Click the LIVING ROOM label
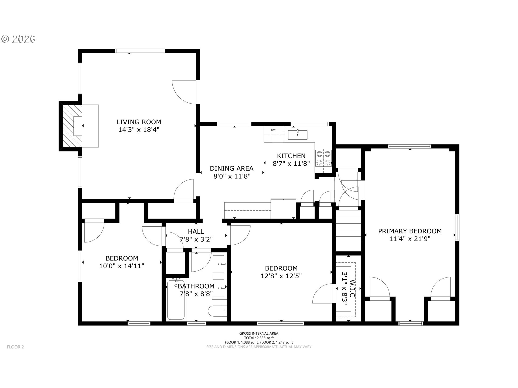pos(139,122)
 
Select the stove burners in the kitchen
pos(323,158)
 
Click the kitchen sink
pos(298,135)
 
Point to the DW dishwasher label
pos(273,130)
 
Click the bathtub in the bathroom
pos(176,300)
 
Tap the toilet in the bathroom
pos(217,311)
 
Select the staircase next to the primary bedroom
pos(348,231)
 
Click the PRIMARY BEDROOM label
pos(410,231)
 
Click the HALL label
pos(196,231)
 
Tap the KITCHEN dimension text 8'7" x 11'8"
pos(291,164)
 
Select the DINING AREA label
pos(231,168)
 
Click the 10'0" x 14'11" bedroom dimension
pos(122,266)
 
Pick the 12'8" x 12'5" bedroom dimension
pos(281,276)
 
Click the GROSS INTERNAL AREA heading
pos(259,333)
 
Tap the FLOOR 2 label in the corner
pos(15,347)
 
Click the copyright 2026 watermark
pos(18,39)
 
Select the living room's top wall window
pos(140,51)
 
